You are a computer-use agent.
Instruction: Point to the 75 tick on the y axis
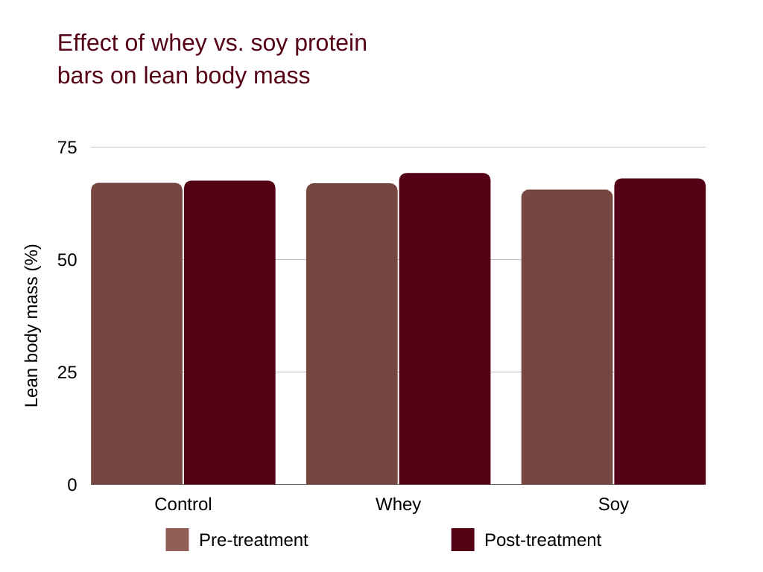click(67, 147)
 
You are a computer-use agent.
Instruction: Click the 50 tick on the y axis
click(67, 260)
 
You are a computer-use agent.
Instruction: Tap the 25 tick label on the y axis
click(67, 372)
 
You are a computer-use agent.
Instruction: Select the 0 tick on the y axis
click(72, 485)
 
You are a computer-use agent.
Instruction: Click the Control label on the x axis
click(183, 504)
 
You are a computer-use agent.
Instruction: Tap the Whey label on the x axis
click(398, 504)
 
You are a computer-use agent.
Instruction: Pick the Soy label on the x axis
click(613, 504)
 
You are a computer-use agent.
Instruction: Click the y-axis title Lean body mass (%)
click(31, 325)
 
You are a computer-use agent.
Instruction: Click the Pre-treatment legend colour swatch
click(177, 540)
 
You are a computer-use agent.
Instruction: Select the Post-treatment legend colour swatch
click(463, 540)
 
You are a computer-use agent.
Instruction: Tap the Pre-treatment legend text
click(253, 540)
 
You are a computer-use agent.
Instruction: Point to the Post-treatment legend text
click(542, 540)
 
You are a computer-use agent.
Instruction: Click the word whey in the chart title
click(178, 43)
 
